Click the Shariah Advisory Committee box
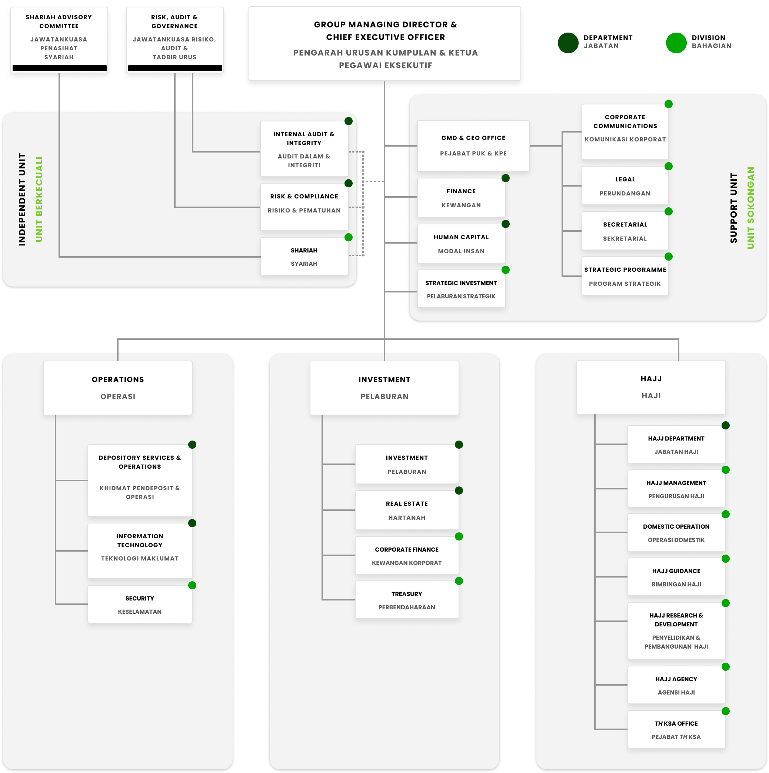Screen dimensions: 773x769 pyautogui.click(x=59, y=38)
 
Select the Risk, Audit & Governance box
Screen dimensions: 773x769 pyautogui.click(x=174, y=38)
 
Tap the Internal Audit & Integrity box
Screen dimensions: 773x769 pyautogui.click(x=304, y=149)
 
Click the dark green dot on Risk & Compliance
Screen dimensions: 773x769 pyautogui.click(x=349, y=183)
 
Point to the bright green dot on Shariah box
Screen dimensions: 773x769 pyautogui.click(x=349, y=237)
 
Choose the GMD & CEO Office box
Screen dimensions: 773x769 pyautogui.click(x=473, y=145)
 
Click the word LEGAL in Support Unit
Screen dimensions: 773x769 pyautogui.click(x=625, y=179)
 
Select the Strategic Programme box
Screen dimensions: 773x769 pyautogui.click(x=625, y=276)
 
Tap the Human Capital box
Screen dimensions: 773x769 pyautogui.click(x=461, y=244)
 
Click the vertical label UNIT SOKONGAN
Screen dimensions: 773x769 pyautogui.click(x=750, y=208)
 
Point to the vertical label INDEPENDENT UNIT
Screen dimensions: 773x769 pyautogui.click(x=22, y=199)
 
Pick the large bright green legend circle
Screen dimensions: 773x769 pyautogui.click(x=676, y=43)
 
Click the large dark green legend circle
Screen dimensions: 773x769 pyautogui.click(x=568, y=43)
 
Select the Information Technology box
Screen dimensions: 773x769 pyautogui.click(x=140, y=551)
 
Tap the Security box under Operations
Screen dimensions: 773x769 pyautogui.click(x=140, y=604)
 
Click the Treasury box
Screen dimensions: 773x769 pyautogui.click(x=407, y=600)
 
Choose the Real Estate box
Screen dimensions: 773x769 pyautogui.click(x=407, y=510)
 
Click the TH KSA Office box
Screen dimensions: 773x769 pyautogui.click(x=676, y=729)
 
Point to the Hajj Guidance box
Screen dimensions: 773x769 pyautogui.click(x=676, y=577)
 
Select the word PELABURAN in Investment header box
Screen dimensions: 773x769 pyautogui.click(x=384, y=396)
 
